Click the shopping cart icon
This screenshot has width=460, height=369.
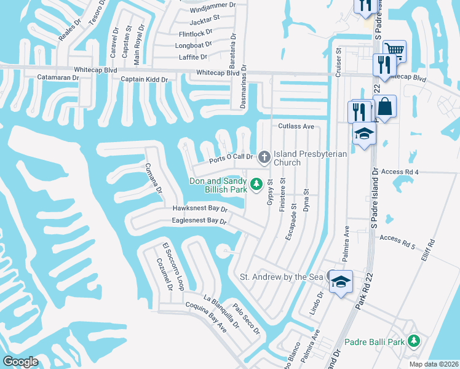pos(394,50)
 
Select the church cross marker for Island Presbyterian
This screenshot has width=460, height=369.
pos(264,157)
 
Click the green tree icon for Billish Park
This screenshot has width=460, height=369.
pos(256,183)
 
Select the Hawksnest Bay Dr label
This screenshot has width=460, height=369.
pos(200,209)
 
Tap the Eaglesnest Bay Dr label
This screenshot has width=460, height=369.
pos(200,220)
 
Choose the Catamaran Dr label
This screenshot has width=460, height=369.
pos(58,77)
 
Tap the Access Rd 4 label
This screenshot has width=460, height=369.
pos(399,172)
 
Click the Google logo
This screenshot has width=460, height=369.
pos(20,362)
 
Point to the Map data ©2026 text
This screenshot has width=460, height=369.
pos(434,364)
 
